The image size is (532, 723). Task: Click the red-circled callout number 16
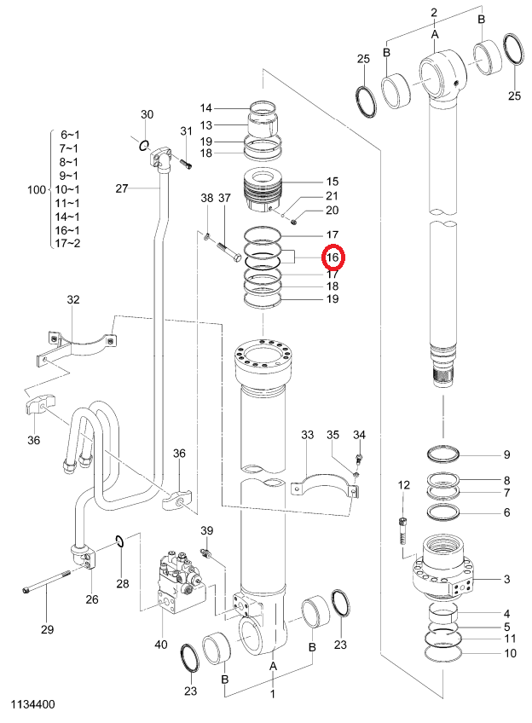coord(332,257)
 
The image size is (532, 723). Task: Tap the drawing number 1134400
coord(32,704)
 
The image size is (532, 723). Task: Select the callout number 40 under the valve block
coord(161,645)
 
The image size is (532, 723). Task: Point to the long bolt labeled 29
coord(46,581)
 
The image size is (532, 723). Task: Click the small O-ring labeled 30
coord(144,146)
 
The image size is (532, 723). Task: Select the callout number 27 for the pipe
coord(122,188)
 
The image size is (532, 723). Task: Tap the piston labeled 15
coord(263,190)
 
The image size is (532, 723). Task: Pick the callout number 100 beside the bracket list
coord(37,189)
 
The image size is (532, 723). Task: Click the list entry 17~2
coord(67,243)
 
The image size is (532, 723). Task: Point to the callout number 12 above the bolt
coord(403,484)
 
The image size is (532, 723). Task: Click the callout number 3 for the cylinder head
coord(506,579)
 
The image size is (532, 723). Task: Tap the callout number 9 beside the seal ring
coord(506,454)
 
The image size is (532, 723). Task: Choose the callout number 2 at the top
coord(434,13)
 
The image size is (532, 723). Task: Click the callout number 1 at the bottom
coord(273,694)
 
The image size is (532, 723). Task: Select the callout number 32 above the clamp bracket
coord(73,300)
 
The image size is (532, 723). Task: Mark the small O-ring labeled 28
coord(119,541)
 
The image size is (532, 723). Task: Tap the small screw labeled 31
coord(186,164)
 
